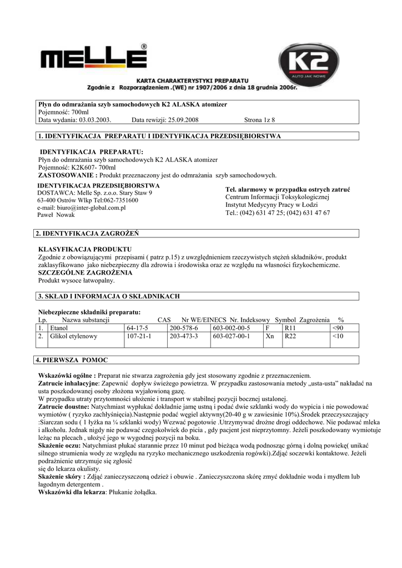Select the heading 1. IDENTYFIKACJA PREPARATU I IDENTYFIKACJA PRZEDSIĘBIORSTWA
(159, 136)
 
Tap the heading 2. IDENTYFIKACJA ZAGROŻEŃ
(87, 234)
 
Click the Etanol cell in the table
(59, 328)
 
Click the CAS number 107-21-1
(139, 336)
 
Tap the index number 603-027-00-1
(232, 336)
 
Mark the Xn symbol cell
(270, 336)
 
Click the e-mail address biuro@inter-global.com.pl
(82, 207)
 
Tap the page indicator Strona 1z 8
(259, 120)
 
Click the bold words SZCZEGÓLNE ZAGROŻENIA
(85, 273)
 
